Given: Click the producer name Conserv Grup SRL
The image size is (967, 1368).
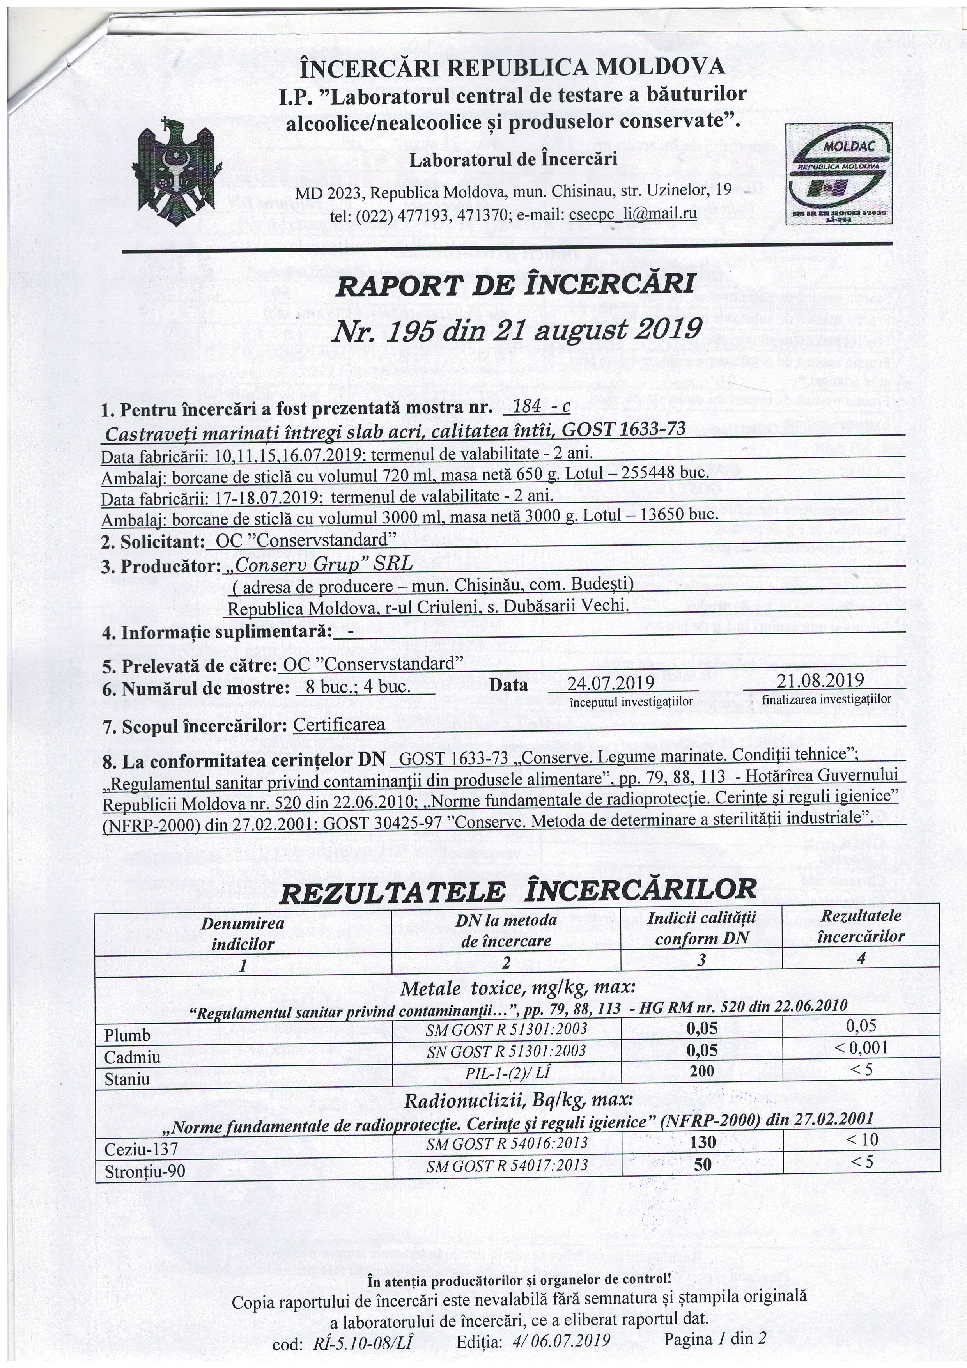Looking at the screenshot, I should pos(317,565).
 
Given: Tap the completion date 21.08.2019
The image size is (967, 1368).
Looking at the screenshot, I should pos(820,680).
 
